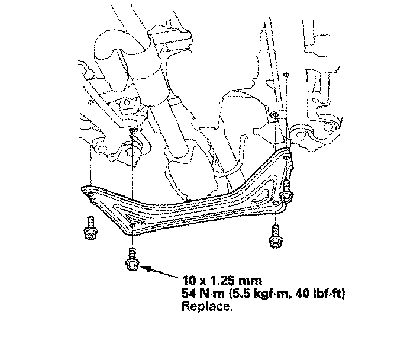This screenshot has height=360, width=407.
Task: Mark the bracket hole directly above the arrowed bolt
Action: pyautogui.click(x=133, y=225)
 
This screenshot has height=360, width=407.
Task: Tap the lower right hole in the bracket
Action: pyautogui.click(x=276, y=204)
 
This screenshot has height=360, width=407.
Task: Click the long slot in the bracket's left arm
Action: pyautogui.click(x=112, y=204)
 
